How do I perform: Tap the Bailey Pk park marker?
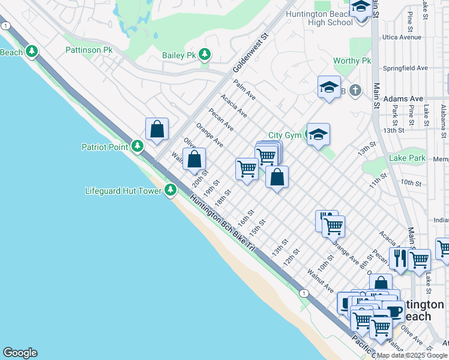click(x=205, y=55)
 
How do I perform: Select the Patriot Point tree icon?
click(x=137, y=146)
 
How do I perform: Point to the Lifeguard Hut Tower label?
click(x=123, y=191)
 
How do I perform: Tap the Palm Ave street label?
click(x=245, y=90)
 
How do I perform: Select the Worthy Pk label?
click(x=352, y=61)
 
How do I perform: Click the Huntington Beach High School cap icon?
click(x=361, y=8)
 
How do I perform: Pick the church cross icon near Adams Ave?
click(x=355, y=91)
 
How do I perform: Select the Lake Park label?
click(x=407, y=158)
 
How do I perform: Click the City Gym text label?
click(x=284, y=136)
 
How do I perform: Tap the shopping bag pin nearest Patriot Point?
click(x=157, y=129)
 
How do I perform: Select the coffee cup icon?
click(x=394, y=311)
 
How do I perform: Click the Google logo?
click(x=20, y=353)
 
